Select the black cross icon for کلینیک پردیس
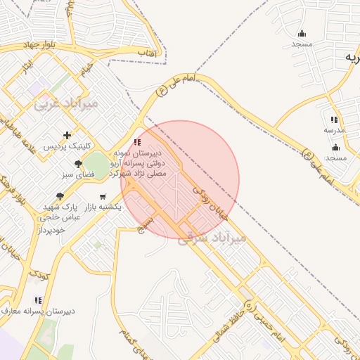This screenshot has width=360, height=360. [x=67, y=135]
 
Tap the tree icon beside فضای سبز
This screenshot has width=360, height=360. [x=78, y=164]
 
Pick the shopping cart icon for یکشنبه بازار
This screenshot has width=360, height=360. [x=103, y=197]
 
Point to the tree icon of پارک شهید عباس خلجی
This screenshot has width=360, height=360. [x=61, y=196]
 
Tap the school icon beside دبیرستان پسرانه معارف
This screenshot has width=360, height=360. [x=37, y=300]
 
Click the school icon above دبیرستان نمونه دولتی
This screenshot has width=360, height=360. [x=136, y=142]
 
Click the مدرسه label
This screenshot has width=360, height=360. [x=334, y=131]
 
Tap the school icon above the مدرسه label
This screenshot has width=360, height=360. [x=333, y=120]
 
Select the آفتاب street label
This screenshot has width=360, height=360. [x=146, y=53]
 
